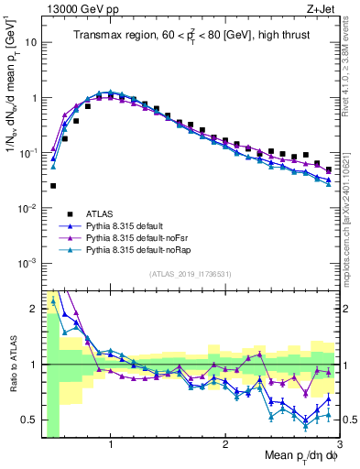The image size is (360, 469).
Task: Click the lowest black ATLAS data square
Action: pos(53,185)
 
